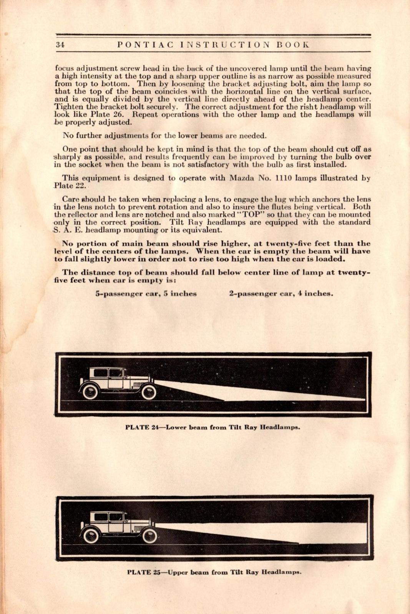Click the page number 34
[60, 45]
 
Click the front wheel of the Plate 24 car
[148, 392]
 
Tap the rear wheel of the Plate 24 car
[90, 392]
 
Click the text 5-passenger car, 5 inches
[146, 294]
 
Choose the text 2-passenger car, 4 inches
[281, 294]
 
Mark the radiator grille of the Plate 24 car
[136, 384]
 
